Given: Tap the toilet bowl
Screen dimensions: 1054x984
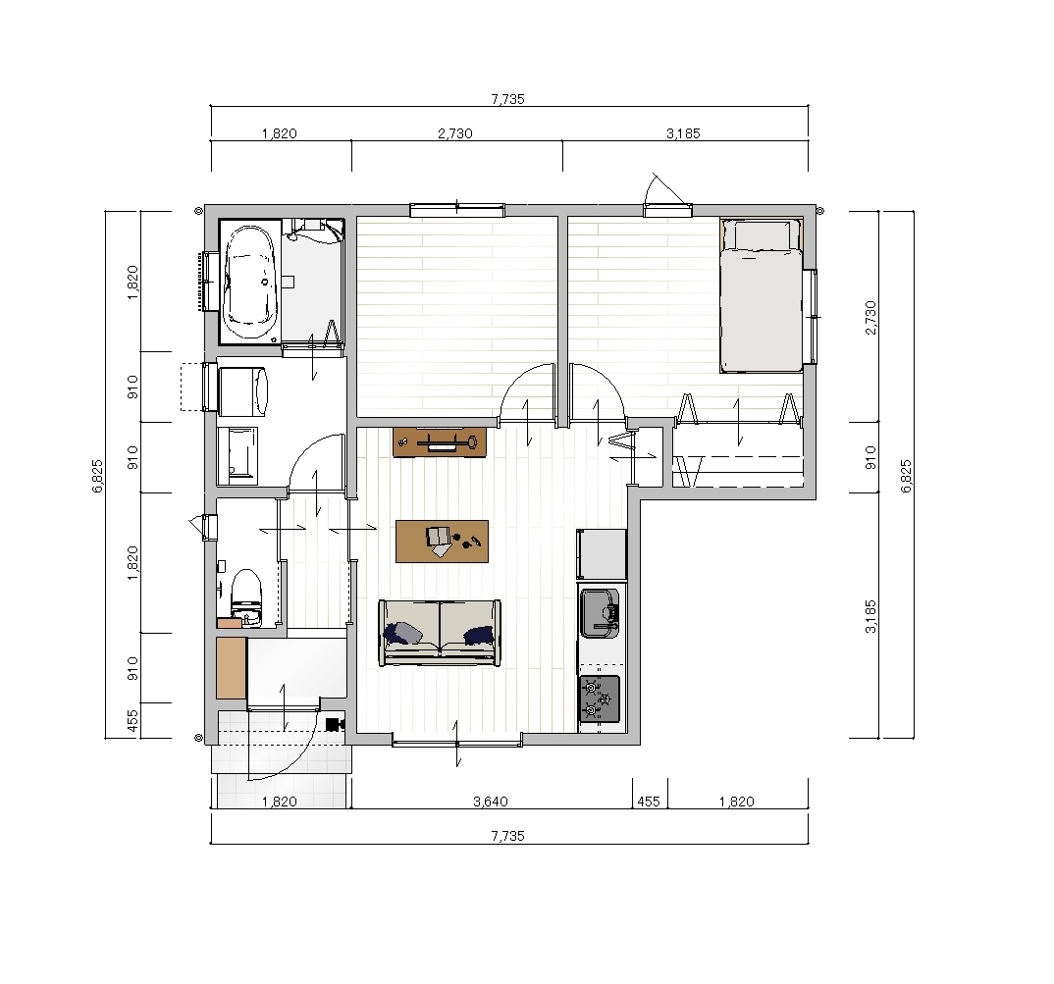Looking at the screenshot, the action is pyautogui.click(x=245, y=595).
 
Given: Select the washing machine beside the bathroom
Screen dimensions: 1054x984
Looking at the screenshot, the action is pyautogui.click(x=242, y=390).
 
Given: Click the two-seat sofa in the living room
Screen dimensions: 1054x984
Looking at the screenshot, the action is pyautogui.click(x=440, y=633).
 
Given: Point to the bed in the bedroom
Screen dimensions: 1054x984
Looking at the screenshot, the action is pyautogui.click(x=762, y=294).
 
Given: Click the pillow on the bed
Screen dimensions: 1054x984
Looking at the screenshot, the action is pyautogui.click(x=762, y=234).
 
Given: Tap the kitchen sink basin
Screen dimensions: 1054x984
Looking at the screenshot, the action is pyautogui.click(x=600, y=612).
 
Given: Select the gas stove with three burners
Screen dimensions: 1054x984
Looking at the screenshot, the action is pyautogui.click(x=599, y=699).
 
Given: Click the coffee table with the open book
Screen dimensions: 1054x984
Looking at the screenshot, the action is pyautogui.click(x=442, y=542).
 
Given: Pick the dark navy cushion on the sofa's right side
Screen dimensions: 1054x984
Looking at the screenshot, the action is pyautogui.click(x=479, y=635).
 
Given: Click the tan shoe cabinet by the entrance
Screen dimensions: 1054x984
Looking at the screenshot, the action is pyautogui.click(x=231, y=667).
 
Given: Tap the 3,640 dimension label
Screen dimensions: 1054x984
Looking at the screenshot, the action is pyautogui.click(x=491, y=802).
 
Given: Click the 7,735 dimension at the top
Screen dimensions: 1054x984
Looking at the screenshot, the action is pyautogui.click(x=507, y=99).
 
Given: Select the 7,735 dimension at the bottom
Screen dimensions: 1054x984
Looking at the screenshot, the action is pyautogui.click(x=507, y=836).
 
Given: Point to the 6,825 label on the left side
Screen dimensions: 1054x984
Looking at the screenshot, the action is pyautogui.click(x=98, y=476).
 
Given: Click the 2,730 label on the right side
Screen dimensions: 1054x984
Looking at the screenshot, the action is pyautogui.click(x=870, y=317).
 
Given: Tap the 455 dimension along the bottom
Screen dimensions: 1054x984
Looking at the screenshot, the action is pyautogui.click(x=649, y=802).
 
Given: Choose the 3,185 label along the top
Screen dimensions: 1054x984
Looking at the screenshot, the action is pyautogui.click(x=684, y=133).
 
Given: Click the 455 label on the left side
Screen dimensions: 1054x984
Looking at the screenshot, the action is pyautogui.click(x=132, y=720).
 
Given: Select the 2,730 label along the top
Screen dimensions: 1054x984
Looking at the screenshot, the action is pyautogui.click(x=455, y=133).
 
